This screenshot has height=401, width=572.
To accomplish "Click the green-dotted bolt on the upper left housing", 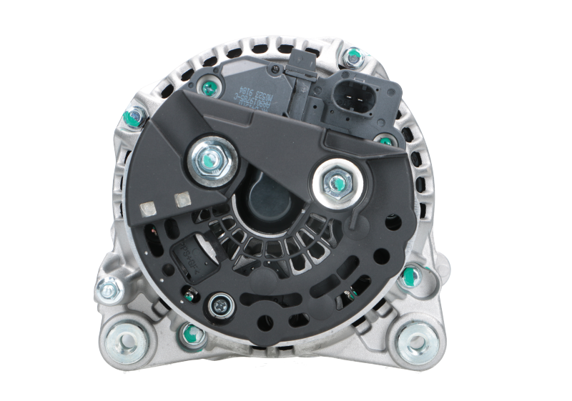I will pyautogui.click(x=134, y=118).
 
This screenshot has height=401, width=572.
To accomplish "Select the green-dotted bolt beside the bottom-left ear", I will pyautogui.click(x=190, y=332).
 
